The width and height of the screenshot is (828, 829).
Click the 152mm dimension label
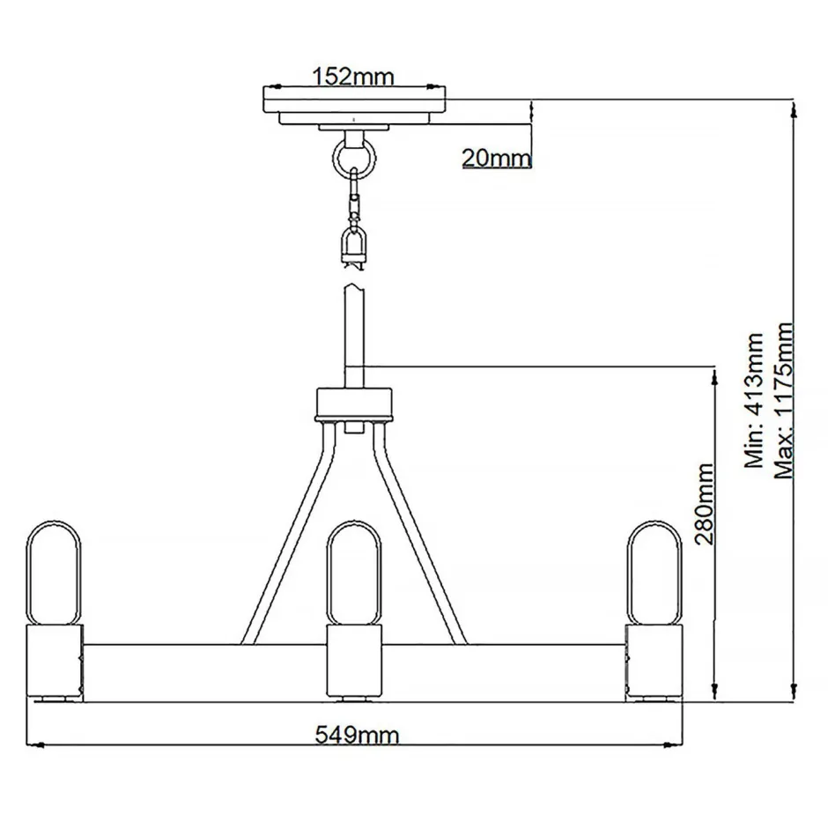coord(354,76)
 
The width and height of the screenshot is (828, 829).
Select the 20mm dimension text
coord(497,158)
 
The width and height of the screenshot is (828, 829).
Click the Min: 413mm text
coord(754,400)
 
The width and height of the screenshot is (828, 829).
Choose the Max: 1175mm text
coord(784,400)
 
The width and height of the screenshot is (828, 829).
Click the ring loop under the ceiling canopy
coord(354,159)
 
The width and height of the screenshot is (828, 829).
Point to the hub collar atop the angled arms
coord(354,404)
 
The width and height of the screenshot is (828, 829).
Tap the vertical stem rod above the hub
coord(354,335)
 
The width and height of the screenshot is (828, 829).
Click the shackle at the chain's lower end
coord(354,246)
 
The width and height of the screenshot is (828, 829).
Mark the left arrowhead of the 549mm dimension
coord(37,745)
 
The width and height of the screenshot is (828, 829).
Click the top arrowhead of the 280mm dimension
coord(712,374)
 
